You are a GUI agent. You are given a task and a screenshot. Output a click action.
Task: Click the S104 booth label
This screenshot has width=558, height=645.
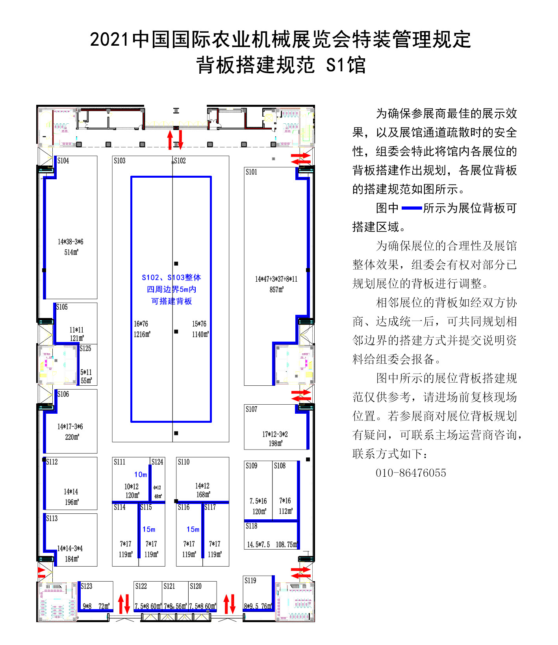[63, 161]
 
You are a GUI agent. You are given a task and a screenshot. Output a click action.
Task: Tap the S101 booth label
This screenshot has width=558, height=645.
[251, 172]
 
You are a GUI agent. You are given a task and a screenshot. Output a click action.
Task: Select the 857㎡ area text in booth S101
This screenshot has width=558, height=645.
[276, 290]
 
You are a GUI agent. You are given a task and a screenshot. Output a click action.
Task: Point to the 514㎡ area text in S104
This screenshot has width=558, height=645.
[71, 252]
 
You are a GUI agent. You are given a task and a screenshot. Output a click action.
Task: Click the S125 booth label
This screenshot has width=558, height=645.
[85, 349]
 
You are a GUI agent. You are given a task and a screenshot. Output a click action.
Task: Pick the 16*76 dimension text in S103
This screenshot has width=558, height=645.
[141, 324]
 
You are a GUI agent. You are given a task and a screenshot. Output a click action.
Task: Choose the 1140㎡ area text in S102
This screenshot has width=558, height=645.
[200, 334]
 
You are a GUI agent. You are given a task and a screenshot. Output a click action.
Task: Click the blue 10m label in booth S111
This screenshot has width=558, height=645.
[141, 475]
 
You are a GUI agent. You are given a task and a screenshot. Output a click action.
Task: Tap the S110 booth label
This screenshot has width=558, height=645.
[184, 462]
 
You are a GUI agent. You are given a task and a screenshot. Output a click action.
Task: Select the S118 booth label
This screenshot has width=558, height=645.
[251, 526]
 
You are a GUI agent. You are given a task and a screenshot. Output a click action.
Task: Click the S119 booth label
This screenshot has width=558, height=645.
[250, 580]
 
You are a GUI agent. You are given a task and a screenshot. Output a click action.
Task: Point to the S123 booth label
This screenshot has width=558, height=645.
[87, 586]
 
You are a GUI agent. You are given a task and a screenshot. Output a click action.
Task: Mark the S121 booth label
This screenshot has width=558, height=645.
[169, 586]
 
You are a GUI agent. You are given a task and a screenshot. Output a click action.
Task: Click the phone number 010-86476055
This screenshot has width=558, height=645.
[411, 473]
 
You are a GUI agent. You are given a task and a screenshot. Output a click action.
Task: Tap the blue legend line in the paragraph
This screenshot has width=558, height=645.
[412, 208]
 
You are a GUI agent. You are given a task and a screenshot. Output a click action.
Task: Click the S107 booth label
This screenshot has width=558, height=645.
[251, 409]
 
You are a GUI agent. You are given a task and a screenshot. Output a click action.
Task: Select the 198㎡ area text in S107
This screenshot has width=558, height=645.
[276, 443]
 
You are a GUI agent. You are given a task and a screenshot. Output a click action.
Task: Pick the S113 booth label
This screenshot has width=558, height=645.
[52, 519]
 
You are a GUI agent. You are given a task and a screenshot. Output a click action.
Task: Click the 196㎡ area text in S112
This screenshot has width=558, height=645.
[72, 502]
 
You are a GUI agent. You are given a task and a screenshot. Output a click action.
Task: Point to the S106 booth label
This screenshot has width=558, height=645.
[63, 394]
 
